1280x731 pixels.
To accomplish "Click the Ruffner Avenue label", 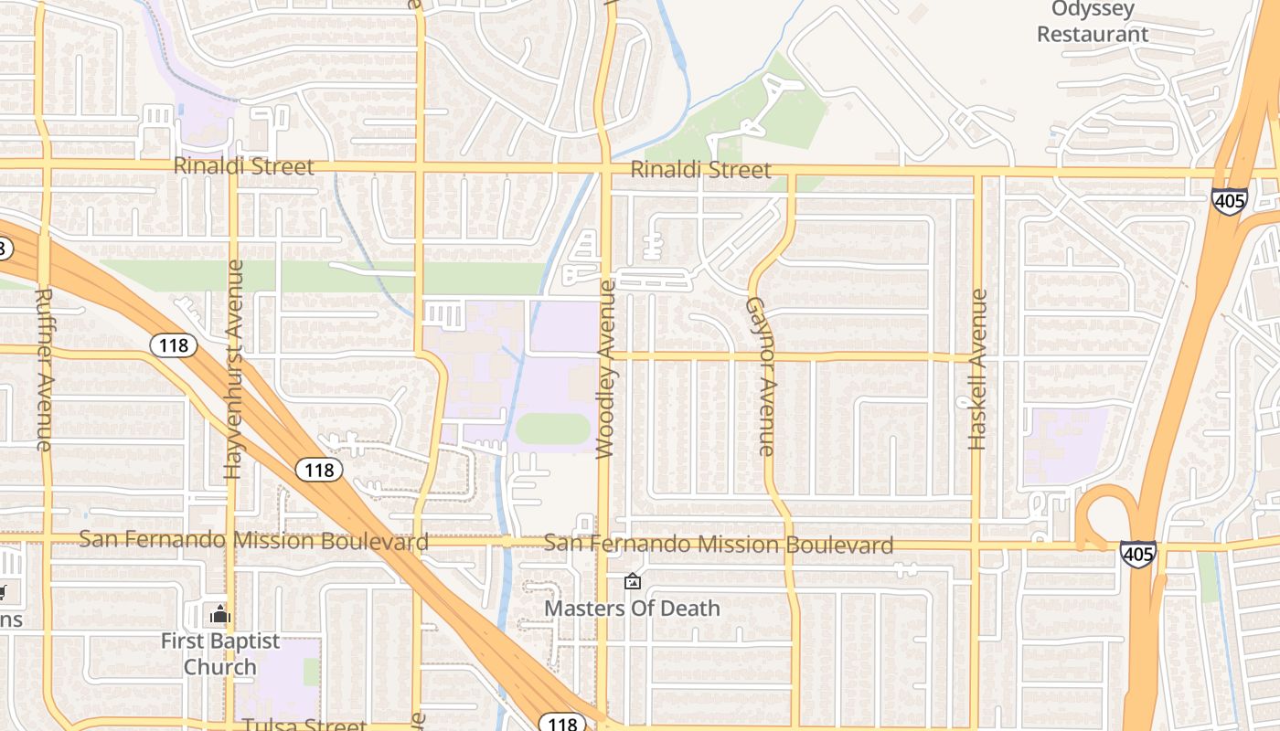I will [x=44, y=368].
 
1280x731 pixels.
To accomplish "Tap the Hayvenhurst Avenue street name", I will [x=233, y=369].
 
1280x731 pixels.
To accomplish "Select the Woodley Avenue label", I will [x=605, y=369].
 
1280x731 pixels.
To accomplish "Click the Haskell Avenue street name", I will [x=977, y=369].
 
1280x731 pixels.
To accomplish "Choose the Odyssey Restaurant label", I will [x=1093, y=22].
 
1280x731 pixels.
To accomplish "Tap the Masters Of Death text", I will [x=633, y=608].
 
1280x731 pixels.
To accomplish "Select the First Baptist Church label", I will [x=220, y=653].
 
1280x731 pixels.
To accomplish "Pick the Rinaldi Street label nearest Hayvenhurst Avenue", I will [x=243, y=166].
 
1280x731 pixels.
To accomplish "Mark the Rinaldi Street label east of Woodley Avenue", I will [x=700, y=170].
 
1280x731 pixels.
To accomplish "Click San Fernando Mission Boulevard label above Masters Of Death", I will [x=719, y=545].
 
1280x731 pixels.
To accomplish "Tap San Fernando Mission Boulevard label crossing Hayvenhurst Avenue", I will [x=253, y=540].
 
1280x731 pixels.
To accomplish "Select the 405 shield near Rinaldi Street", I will [x=1230, y=202].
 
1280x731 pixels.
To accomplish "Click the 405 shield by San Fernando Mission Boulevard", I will [x=1137, y=554].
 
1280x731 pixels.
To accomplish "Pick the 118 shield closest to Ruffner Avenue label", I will [x=173, y=344].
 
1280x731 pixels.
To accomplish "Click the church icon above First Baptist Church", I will [x=219, y=614].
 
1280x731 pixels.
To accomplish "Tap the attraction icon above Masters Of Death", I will [x=632, y=581].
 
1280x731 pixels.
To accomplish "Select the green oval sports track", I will [x=553, y=429].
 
